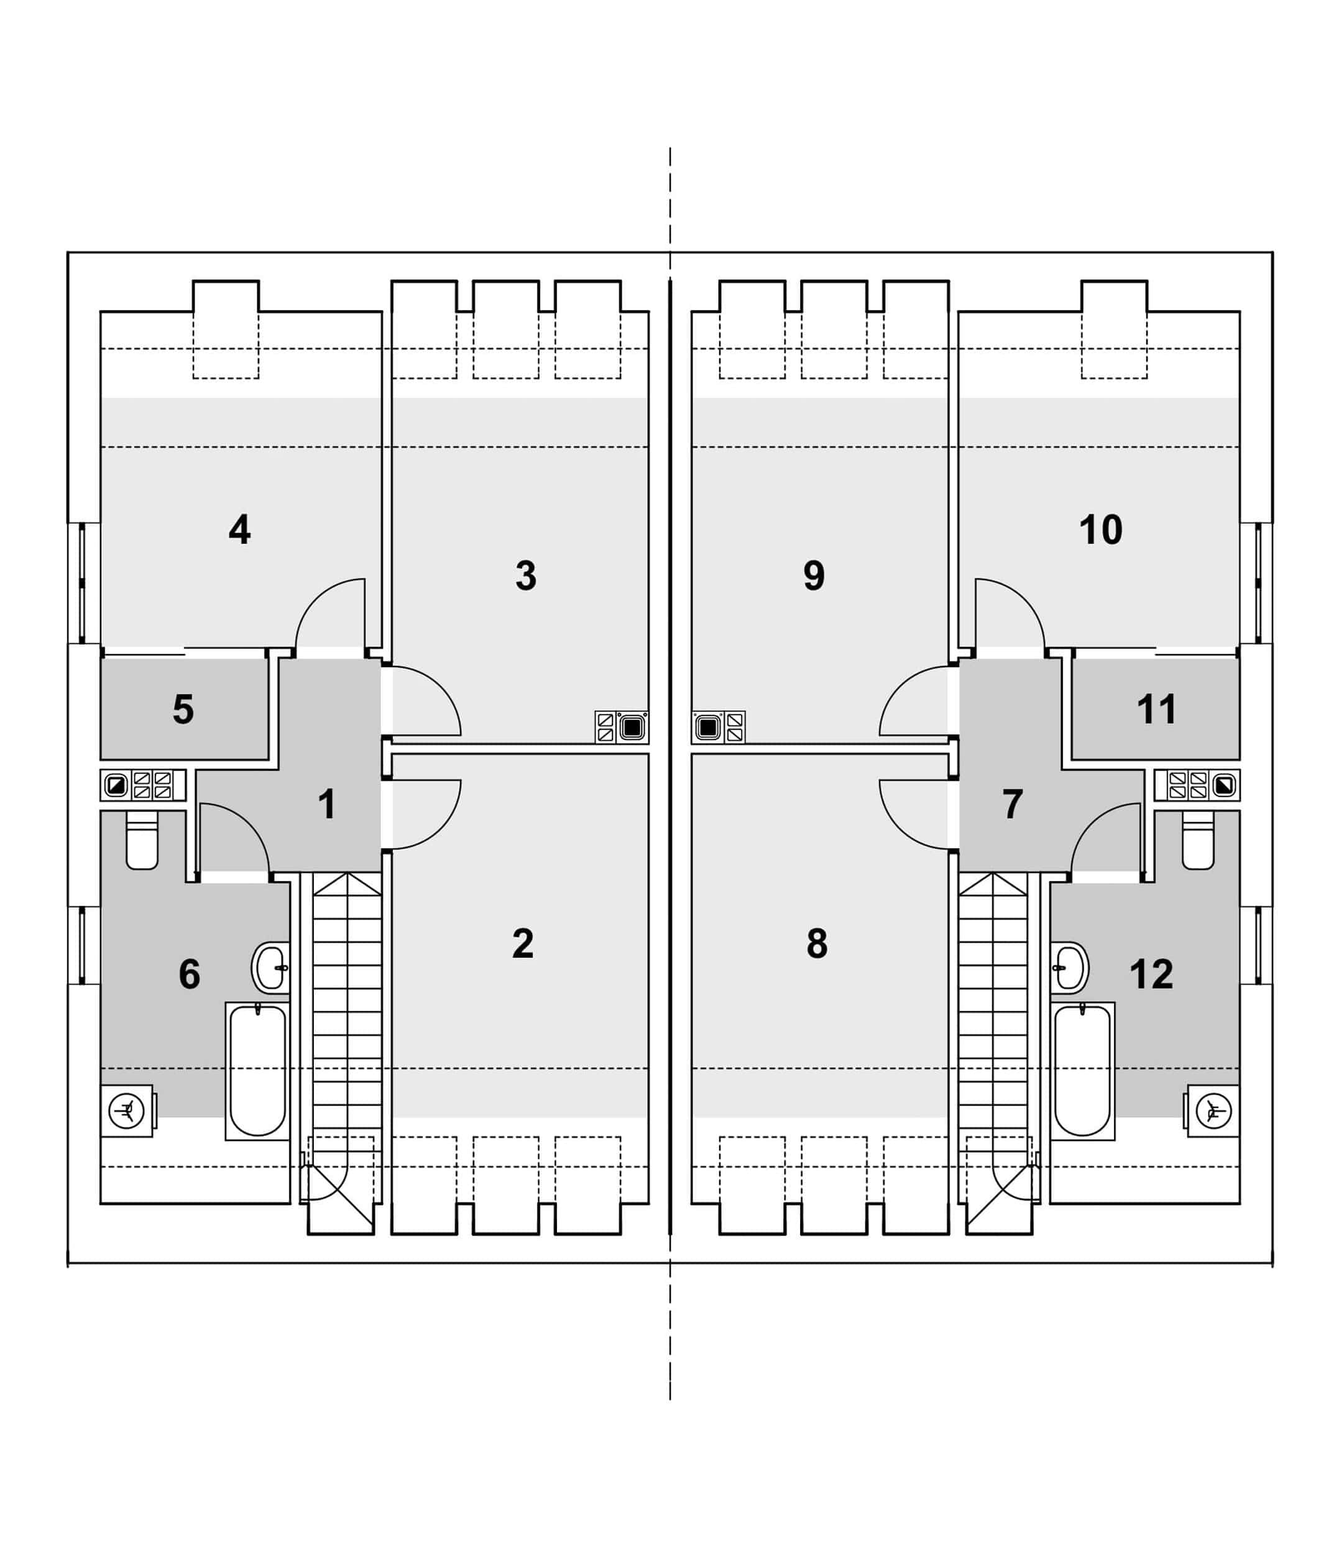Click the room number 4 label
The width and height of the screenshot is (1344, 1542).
(x=239, y=530)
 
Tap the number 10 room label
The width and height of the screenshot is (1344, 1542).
(x=1100, y=530)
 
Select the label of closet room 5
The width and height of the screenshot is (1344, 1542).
(x=183, y=709)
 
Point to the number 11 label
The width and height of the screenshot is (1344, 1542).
(x=1156, y=709)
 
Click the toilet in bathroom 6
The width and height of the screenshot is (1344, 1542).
(x=142, y=840)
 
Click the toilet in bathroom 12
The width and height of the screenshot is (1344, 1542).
(x=1198, y=840)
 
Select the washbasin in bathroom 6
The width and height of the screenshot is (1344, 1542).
(x=270, y=967)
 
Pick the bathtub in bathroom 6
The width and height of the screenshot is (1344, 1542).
(x=257, y=1071)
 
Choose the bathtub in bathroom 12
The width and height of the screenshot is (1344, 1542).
(x=1082, y=1071)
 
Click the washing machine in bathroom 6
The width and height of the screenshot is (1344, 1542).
(x=127, y=1110)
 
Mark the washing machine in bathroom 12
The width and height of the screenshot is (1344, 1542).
(x=1212, y=1110)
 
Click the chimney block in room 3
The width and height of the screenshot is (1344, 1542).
(x=622, y=727)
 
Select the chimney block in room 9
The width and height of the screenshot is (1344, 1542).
(x=719, y=727)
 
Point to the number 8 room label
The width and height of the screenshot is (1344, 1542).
(x=817, y=943)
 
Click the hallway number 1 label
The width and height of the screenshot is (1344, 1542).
(x=327, y=804)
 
